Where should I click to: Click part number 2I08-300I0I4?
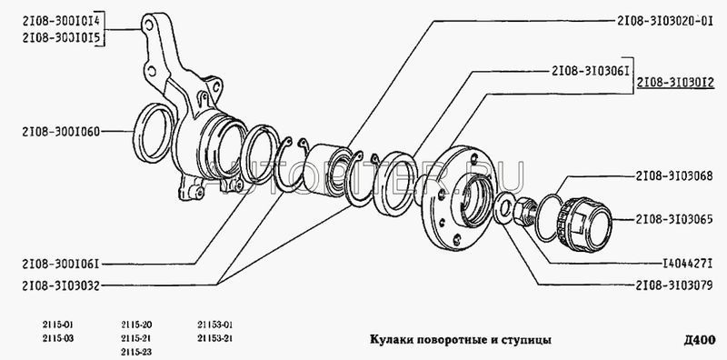pos(61,21)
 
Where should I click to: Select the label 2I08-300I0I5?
pos(61,38)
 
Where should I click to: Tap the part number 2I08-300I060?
pos(61,132)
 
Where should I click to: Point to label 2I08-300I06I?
pos(61,265)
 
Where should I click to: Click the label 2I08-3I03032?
pos(61,285)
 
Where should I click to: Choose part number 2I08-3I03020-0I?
pos(665,21)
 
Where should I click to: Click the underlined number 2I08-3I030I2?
pos(675,83)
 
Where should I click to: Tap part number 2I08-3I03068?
pos(674,176)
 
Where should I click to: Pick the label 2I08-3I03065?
pos(674,219)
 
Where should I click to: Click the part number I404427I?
pos(687,264)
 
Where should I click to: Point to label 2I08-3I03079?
pos(674,285)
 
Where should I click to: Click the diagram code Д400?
pos(699,341)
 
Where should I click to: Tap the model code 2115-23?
pos(136,352)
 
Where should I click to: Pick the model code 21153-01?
pos(214,325)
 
